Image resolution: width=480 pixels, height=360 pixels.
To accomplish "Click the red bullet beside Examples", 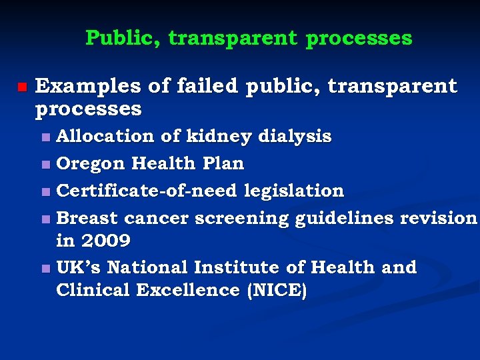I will (21, 87).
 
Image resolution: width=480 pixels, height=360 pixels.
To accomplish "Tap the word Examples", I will (87, 87).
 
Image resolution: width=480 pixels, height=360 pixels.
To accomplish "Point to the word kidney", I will (218, 136).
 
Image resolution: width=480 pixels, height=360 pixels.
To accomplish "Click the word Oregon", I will (91, 163).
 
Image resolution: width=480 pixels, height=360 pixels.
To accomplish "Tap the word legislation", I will (294, 191).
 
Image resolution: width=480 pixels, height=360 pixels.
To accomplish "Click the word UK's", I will (79, 267).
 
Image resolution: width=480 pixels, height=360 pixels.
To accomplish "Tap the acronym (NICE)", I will (275, 291).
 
